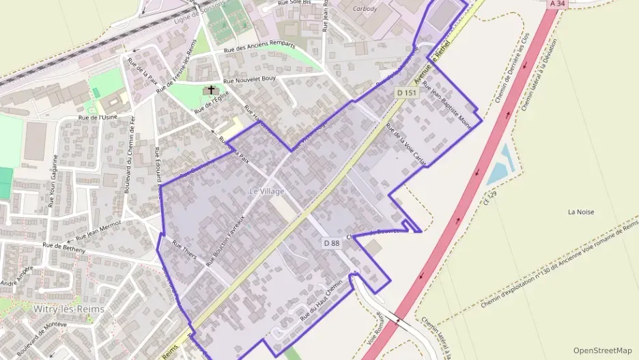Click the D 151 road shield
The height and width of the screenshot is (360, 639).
tap(406, 92)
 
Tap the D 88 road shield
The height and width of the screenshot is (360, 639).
tap(331, 243)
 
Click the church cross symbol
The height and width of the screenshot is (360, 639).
tap(211, 90)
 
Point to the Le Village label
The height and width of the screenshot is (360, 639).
tap(266, 191)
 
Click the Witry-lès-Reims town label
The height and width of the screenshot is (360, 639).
tap(69, 309)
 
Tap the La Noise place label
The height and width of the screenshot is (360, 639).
tap(581, 212)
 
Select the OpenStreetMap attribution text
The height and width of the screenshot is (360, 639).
tap(602, 350)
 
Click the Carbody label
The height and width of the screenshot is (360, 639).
tap(365, 9)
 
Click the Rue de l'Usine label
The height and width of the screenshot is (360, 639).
tap(98, 117)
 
